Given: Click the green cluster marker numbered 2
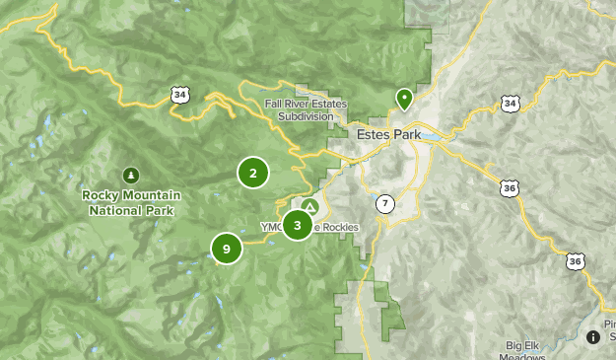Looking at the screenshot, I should pyautogui.click(x=253, y=174).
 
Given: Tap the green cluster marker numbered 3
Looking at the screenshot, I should pyautogui.click(x=297, y=225).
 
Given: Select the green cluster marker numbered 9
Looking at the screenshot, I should pyautogui.click(x=227, y=249).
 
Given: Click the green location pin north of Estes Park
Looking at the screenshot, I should pyautogui.click(x=403, y=99).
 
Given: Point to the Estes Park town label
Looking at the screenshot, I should pyautogui.click(x=380, y=131).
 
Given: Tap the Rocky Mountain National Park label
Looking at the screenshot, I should pyautogui.click(x=130, y=202).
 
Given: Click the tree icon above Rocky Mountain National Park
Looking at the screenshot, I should pyautogui.click(x=130, y=175).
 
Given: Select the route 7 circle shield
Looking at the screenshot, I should pyautogui.click(x=384, y=204).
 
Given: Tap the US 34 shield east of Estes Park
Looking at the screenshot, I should pyautogui.click(x=509, y=104).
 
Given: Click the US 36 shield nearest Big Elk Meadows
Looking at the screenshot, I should pyautogui.click(x=576, y=261).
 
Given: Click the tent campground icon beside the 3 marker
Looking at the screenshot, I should pyautogui.click(x=309, y=207).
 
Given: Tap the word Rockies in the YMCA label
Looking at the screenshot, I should pyautogui.click(x=337, y=227).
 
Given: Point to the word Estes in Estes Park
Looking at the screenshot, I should pyautogui.click(x=365, y=131).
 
